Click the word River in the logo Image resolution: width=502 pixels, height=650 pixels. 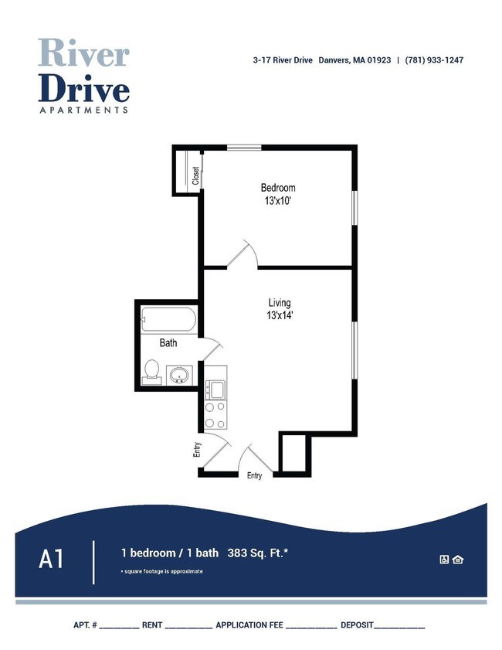(x=83, y=53)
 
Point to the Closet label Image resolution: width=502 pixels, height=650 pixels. (x=195, y=175)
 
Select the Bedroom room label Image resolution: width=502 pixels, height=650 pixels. (x=277, y=188)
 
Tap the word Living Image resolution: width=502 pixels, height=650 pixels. (x=279, y=302)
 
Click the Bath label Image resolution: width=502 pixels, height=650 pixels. (x=168, y=342)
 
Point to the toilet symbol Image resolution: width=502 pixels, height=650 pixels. (x=151, y=371)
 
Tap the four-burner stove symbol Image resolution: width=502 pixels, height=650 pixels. (x=215, y=416)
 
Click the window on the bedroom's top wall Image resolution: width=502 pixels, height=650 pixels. (x=243, y=147)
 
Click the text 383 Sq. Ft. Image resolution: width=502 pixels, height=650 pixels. (x=258, y=553)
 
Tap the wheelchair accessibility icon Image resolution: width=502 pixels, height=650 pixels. (x=444, y=560)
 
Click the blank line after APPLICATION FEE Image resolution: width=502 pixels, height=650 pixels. (x=310, y=625)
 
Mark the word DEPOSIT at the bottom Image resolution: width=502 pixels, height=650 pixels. (x=357, y=624)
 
